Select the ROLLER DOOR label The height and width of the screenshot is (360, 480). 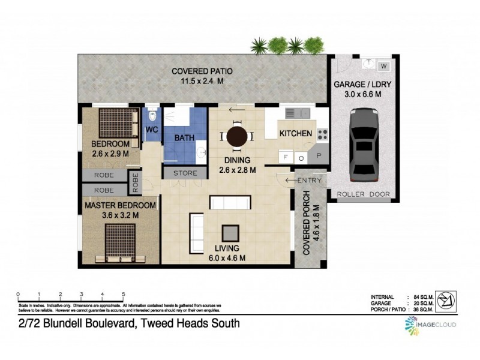(x=363, y=194)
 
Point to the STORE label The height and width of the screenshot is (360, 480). (x=185, y=173)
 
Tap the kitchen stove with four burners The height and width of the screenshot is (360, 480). (x=322, y=134)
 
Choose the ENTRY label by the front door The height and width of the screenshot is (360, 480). (x=308, y=180)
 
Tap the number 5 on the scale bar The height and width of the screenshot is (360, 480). (x=123, y=294)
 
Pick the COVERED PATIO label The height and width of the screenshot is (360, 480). (x=202, y=71)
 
